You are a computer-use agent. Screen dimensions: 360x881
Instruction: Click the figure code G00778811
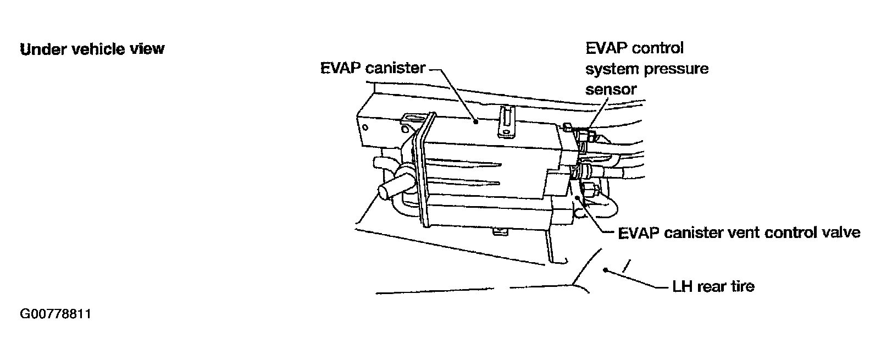[x=55, y=315]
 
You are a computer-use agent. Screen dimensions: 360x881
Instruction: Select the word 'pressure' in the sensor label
[x=679, y=69]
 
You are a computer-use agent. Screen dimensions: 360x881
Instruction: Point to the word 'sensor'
[x=611, y=89]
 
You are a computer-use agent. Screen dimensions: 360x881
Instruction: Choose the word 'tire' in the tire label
[x=742, y=286]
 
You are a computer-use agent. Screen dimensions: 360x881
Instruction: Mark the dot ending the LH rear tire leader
[x=605, y=270]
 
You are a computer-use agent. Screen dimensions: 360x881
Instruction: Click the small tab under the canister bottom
[x=500, y=232]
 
